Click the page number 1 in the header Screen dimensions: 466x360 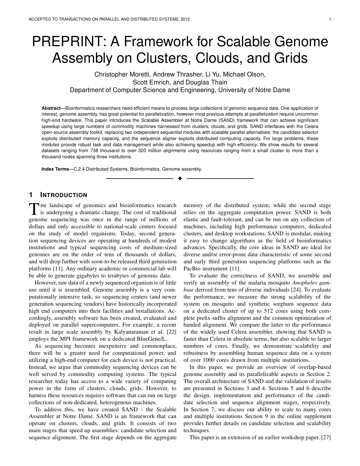pos(330,19)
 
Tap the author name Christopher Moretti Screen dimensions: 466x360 pos(117,74)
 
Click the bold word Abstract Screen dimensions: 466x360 pos(51,108)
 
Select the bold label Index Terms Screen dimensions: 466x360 pos(55,169)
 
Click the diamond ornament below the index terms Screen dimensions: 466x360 pos(180,179)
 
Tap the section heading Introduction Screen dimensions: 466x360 pos(64,195)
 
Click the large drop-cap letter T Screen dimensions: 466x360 pos(34,209)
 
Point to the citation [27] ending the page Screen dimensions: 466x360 pos(326,437)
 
